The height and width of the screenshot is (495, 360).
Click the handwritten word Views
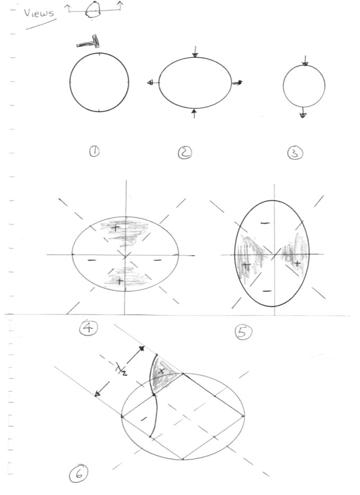pos(39,14)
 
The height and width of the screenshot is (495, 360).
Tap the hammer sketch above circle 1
pos(88,42)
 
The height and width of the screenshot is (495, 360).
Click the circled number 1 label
pos(94,152)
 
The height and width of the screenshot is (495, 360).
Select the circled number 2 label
pos(185,153)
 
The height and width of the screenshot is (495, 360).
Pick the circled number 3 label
pos(295,153)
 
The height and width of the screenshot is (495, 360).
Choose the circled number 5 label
pos(244,332)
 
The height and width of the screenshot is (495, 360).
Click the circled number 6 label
pos(79,474)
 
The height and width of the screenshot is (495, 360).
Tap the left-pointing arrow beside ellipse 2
pos(153,83)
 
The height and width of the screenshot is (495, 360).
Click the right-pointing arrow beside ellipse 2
pos(237,83)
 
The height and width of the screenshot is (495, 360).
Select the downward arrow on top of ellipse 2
pos(195,52)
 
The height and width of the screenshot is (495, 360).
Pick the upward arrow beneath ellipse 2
pos(194,113)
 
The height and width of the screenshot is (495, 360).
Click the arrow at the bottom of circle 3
pos(303,112)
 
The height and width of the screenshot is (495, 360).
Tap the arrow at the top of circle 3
pos(305,60)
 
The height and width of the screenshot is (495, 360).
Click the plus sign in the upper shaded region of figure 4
pos(115,228)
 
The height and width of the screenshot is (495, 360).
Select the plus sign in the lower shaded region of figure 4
pos(119,281)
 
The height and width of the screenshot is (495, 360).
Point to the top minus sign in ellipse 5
pos(265,223)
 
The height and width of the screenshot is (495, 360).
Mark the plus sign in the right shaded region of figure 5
pos(297,263)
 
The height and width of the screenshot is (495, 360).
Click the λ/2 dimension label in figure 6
pos(121,368)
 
